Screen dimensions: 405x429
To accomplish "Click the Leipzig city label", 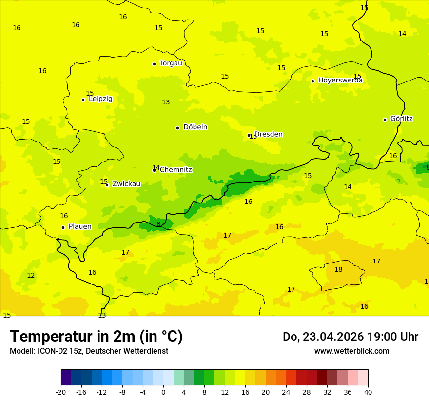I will tap(100, 99).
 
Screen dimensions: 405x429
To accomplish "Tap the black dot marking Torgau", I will tap(154, 64).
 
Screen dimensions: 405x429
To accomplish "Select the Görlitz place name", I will tap(401, 119).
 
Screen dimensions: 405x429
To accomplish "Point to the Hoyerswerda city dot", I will tap(312, 81).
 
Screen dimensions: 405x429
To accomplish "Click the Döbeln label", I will tap(195, 127).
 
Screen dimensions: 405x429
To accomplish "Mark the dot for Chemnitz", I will tap(154, 170).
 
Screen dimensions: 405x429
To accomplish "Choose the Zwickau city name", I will tap(126, 184).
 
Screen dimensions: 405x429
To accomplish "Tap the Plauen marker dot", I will tap(63, 227).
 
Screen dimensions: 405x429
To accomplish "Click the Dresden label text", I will tap(269, 134).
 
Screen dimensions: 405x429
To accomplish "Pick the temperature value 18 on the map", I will tap(338, 269).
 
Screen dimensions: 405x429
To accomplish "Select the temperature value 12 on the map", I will tap(31, 275).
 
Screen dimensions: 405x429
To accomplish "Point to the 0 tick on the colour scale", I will tap(163, 392).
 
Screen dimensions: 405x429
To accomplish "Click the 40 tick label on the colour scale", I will tap(368, 392).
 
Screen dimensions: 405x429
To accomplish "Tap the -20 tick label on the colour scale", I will tap(61, 392).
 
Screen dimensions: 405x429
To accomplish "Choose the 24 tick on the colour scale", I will tap(286, 392).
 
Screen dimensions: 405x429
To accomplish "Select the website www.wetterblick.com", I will tap(351, 351).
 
